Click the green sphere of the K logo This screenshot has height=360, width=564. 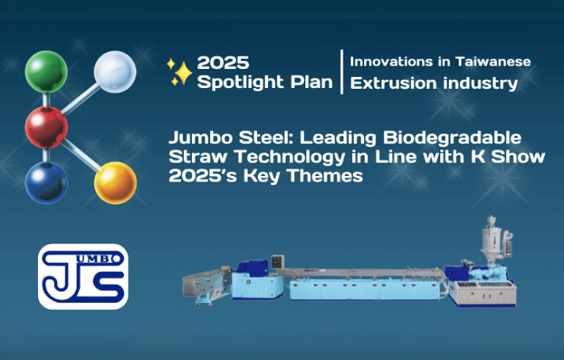click(46, 71)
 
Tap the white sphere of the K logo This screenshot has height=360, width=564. click(115, 71)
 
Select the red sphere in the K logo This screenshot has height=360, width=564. click(46, 128)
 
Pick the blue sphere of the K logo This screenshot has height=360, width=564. click(46, 182)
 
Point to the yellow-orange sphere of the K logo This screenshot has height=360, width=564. click(116, 182)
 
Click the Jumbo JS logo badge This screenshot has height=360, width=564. click(83, 277)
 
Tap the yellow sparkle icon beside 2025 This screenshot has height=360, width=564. click(179, 73)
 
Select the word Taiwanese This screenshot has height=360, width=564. click(493, 62)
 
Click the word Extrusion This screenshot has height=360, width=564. click(393, 83)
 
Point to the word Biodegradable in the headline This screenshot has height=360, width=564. click(452, 138)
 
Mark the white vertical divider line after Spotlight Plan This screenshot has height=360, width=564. click(342, 72)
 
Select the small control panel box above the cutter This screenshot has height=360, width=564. click(278, 262)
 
